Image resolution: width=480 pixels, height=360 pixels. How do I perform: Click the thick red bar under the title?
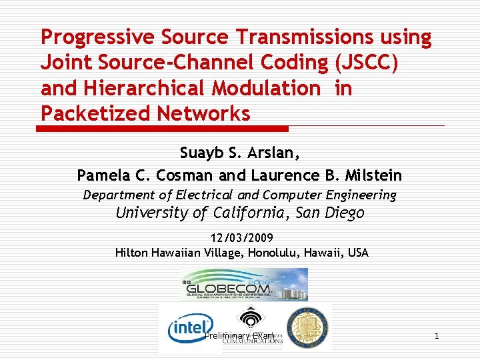click(164, 128)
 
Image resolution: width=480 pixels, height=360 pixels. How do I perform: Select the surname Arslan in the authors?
click(276, 153)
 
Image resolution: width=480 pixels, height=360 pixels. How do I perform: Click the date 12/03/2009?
click(242, 238)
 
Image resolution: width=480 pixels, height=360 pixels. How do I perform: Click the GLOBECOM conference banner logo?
click(244, 285)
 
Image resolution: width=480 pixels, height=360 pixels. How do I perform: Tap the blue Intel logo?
click(189, 329)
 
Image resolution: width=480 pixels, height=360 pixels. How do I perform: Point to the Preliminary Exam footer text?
click(239, 336)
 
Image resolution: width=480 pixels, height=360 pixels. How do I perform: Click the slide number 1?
click(437, 336)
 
